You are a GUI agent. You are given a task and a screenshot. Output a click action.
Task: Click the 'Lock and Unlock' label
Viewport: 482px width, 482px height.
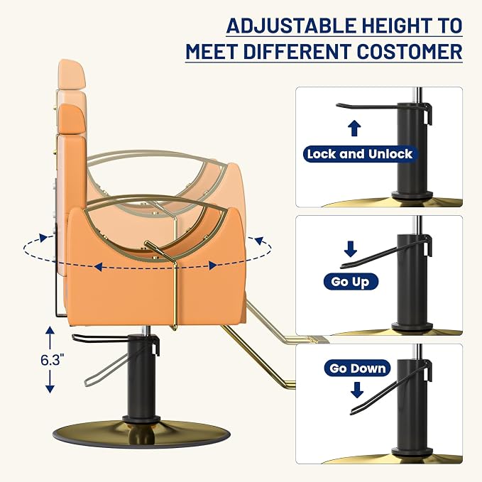coord(360,154)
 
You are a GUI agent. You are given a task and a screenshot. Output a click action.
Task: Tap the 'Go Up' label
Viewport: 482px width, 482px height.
coord(351,282)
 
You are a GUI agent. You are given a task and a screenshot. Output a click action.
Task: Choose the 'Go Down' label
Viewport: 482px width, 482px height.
coord(357,368)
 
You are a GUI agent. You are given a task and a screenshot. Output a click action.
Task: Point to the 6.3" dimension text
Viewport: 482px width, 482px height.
coord(53,360)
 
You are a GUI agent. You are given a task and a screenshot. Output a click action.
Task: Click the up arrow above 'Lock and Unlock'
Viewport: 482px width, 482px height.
coord(354,128)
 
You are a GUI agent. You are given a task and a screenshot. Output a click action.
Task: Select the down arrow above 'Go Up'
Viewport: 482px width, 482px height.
coord(351,249)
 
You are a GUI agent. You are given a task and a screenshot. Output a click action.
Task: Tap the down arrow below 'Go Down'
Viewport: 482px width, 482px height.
coord(357,390)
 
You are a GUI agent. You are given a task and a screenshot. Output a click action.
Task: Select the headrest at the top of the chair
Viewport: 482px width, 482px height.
coord(72,75)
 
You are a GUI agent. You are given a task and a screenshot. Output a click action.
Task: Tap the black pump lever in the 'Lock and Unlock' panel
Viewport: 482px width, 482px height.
coord(383,107)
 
